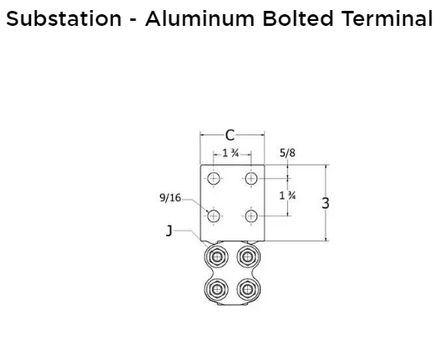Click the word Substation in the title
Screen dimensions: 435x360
tap(63, 18)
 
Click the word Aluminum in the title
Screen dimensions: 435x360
tap(200, 18)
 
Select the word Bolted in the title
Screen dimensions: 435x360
tap(298, 18)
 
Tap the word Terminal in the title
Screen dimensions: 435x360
tap(387, 18)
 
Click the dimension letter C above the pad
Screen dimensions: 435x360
tap(230, 135)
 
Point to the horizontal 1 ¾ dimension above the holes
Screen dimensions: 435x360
tap(230, 153)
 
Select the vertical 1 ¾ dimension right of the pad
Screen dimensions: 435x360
tap(287, 195)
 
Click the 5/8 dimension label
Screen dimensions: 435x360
tap(287, 153)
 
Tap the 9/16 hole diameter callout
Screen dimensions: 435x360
tap(170, 198)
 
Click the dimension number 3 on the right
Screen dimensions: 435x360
tap(326, 203)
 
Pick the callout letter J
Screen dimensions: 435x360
tap(169, 231)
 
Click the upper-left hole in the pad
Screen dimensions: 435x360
tap(214, 179)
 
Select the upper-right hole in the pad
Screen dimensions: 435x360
tap(251, 179)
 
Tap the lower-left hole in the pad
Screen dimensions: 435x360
tap(214, 216)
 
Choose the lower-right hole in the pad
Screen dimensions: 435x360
tap(251, 216)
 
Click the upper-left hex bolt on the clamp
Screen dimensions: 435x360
tap(216, 256)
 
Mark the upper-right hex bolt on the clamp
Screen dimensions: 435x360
tap(248, 256)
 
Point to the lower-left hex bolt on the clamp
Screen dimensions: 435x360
tap(216, 289)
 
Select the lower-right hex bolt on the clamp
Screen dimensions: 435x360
tap(248, 289)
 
